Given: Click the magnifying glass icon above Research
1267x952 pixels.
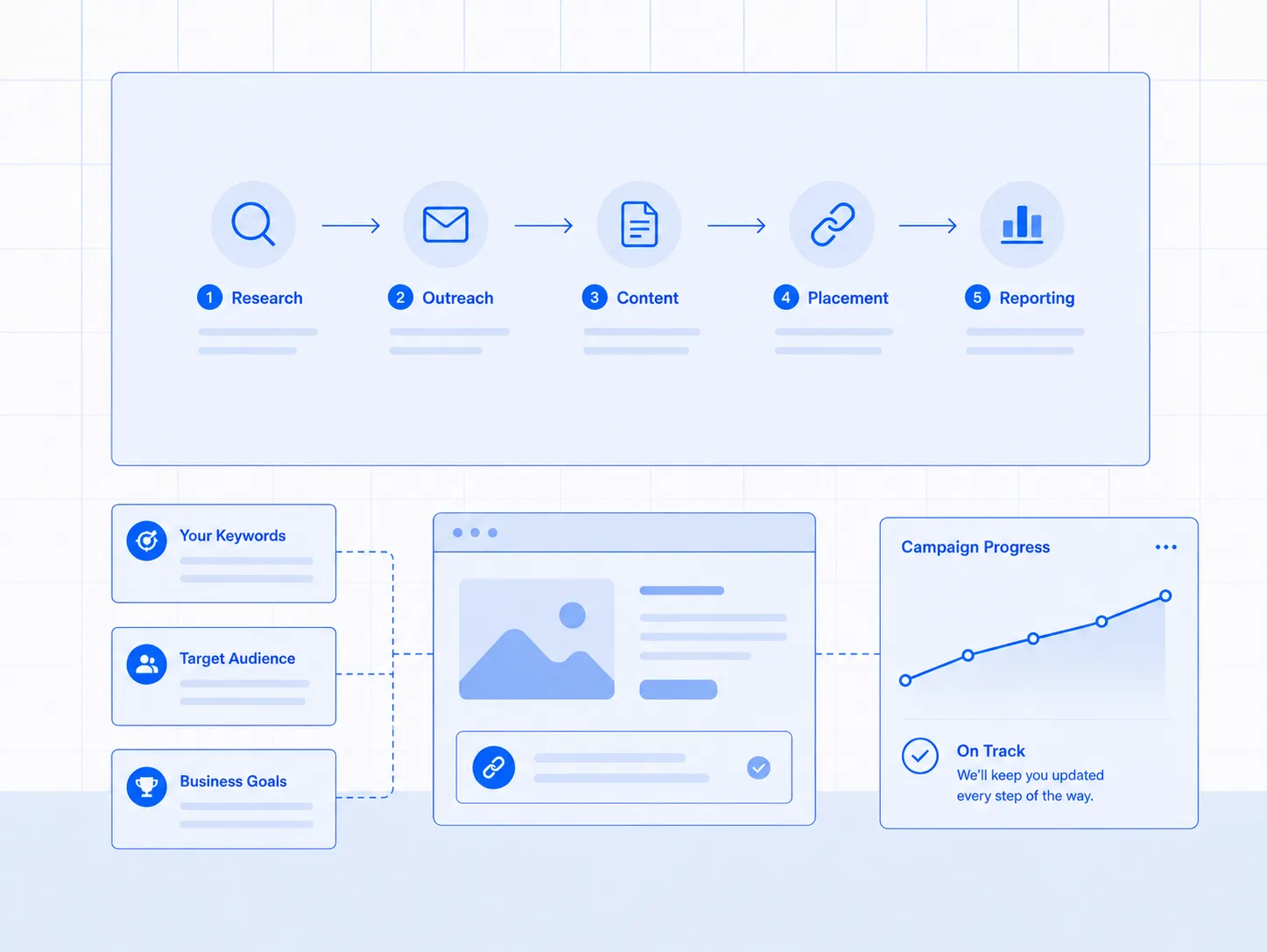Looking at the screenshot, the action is pos(253,224).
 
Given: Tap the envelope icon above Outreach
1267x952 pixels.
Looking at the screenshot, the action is pos(446,224).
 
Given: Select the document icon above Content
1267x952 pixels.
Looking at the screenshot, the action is pos(639,224).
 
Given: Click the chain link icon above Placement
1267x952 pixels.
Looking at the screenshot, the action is pos(832,224).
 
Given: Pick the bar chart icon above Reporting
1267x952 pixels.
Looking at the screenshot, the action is pos(1022,224).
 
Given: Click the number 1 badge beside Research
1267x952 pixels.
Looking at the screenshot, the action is pos(209,297).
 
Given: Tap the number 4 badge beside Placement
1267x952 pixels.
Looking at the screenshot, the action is pos(785,297).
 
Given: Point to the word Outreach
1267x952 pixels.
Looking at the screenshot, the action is pos(458,298).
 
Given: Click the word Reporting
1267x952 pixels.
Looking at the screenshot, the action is pos(1037,299).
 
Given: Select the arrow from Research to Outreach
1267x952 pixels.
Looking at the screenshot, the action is pos(351,225).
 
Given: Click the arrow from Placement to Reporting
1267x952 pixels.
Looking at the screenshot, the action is pos(927,225).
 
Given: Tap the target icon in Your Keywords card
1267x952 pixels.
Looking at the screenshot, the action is pos(146,540).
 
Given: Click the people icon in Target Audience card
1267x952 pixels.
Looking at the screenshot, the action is pos(146,664).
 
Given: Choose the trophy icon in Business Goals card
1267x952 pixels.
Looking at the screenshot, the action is pos(146,786).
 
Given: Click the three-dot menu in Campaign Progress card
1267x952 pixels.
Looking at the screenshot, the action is pos(1165,547).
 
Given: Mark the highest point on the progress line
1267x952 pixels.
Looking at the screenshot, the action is pos(1165,596).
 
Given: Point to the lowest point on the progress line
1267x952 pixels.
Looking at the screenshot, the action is pos(905,681).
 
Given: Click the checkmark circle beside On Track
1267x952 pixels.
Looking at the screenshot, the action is pos(919,756).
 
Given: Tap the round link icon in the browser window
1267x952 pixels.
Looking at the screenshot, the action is pos(494,767).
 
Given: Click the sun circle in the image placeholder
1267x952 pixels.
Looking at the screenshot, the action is pos(572,615).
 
